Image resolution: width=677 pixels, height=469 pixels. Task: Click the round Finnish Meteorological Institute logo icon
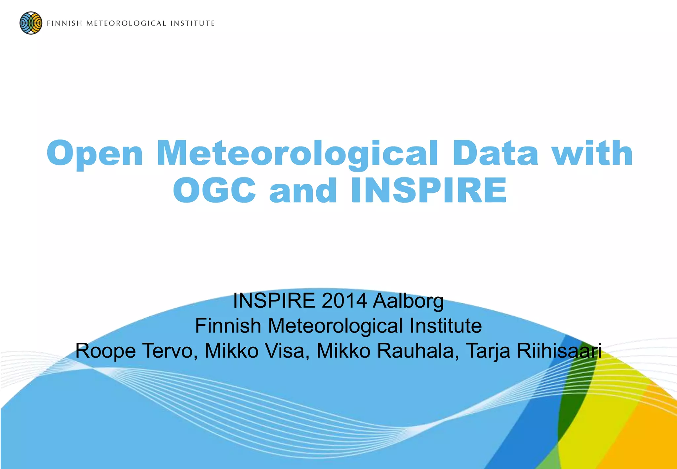(31, 23)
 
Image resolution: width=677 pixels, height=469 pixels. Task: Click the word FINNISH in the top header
(64, 23)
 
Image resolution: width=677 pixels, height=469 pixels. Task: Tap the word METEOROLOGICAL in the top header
(126, 23)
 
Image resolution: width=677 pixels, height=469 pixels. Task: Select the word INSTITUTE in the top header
(193, 23)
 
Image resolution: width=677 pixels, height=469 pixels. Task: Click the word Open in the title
(95, 154)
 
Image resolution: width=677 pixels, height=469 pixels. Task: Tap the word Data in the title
(495, 154)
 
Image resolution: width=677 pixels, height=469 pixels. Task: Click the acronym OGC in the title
(214, 191)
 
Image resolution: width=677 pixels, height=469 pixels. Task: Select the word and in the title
(303, 191)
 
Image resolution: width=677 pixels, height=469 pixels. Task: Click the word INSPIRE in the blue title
(429, 191)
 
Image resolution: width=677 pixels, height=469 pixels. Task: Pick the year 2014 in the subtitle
(344, 301)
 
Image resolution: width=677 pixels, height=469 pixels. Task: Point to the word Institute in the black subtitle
(446, 326)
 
